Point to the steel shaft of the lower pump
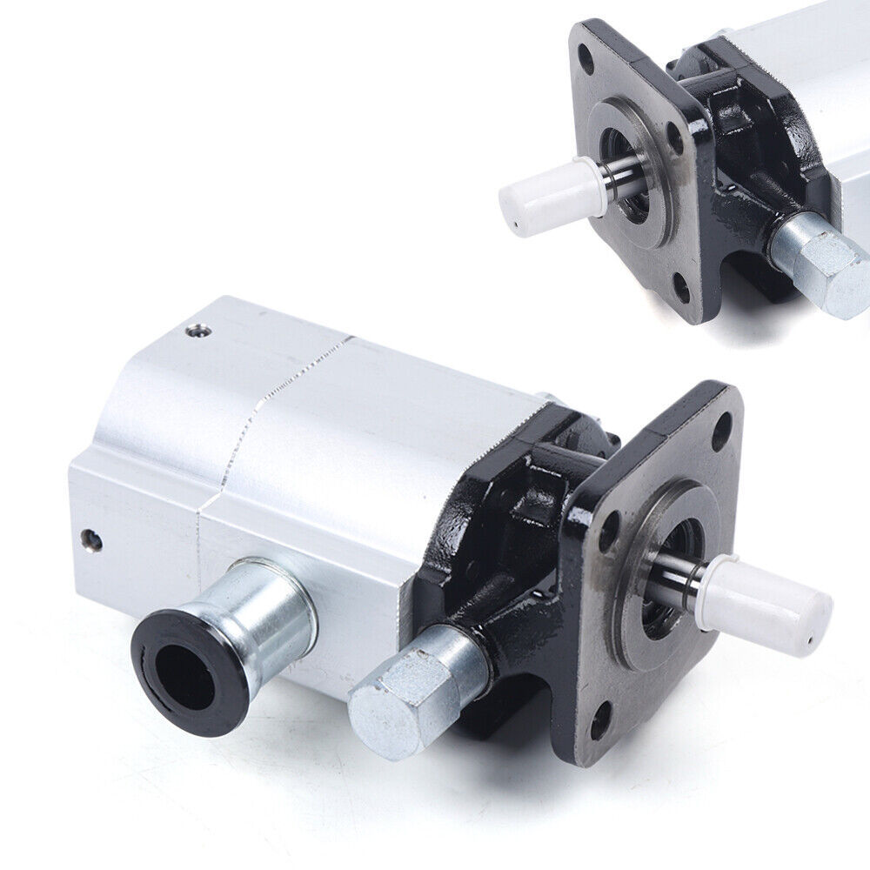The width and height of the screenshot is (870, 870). (x=679, y=579)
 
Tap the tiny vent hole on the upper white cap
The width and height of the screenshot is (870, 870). (x=515, y=229)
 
